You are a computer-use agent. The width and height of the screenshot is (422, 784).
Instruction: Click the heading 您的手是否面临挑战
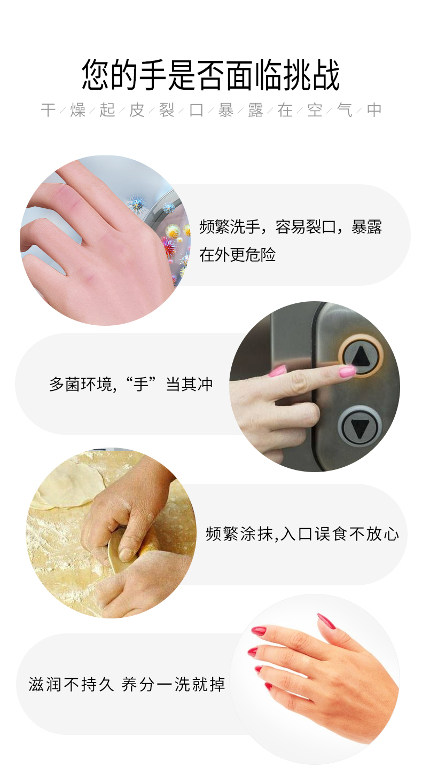pos(211,75)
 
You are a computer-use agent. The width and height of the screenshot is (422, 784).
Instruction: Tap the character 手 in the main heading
pos(153,75)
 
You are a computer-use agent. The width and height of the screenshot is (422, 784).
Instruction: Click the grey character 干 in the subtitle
pos(48,110)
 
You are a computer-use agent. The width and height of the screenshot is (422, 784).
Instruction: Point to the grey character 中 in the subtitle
pos(374,110)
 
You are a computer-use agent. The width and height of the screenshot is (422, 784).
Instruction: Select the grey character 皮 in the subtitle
pos(137,110)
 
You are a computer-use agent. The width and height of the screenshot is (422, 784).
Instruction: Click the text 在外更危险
pos(237,254)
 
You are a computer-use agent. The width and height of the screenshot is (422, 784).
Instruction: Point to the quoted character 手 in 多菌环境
pos(142,385)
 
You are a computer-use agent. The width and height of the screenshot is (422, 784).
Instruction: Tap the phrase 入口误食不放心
pos(339,534)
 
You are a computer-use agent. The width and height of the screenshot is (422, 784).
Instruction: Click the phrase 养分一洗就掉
pos(174,684)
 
